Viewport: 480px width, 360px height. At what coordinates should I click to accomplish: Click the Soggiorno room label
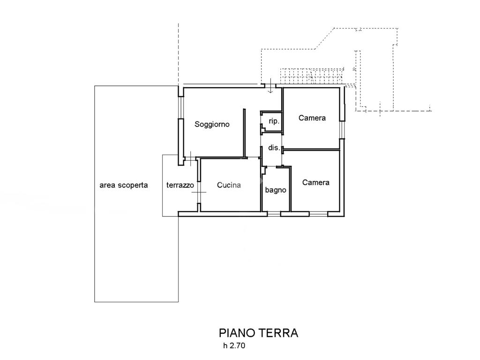tap(212, 125)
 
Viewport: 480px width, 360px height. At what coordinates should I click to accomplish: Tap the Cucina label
tap(229, 185)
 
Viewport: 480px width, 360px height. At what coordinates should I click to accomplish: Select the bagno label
tap(276, 190)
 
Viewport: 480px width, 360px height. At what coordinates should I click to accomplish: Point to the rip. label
tap(274, 121)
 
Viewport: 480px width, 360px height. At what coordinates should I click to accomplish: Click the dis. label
tap(274, 148)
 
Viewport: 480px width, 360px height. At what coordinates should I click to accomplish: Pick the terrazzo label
tap(180, 185)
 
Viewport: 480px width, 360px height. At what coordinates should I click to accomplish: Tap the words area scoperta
tap(123, 185)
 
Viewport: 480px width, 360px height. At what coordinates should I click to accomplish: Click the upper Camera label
tap(312, 118)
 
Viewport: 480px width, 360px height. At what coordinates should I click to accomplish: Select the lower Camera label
tap(316, 182)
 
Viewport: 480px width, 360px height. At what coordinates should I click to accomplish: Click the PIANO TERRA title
tap(258, 333)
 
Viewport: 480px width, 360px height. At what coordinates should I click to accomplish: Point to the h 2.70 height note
tap(234, 347)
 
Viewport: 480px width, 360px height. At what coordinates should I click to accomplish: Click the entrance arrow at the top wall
tap(271, 87)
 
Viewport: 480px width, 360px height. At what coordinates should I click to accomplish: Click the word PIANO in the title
tap(237, 333)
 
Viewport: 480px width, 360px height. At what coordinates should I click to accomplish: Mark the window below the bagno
tap(274, 214)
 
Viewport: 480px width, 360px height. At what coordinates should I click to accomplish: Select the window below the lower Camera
tap(318, 214)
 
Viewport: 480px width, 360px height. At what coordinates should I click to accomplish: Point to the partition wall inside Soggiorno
tap(244, 132)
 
